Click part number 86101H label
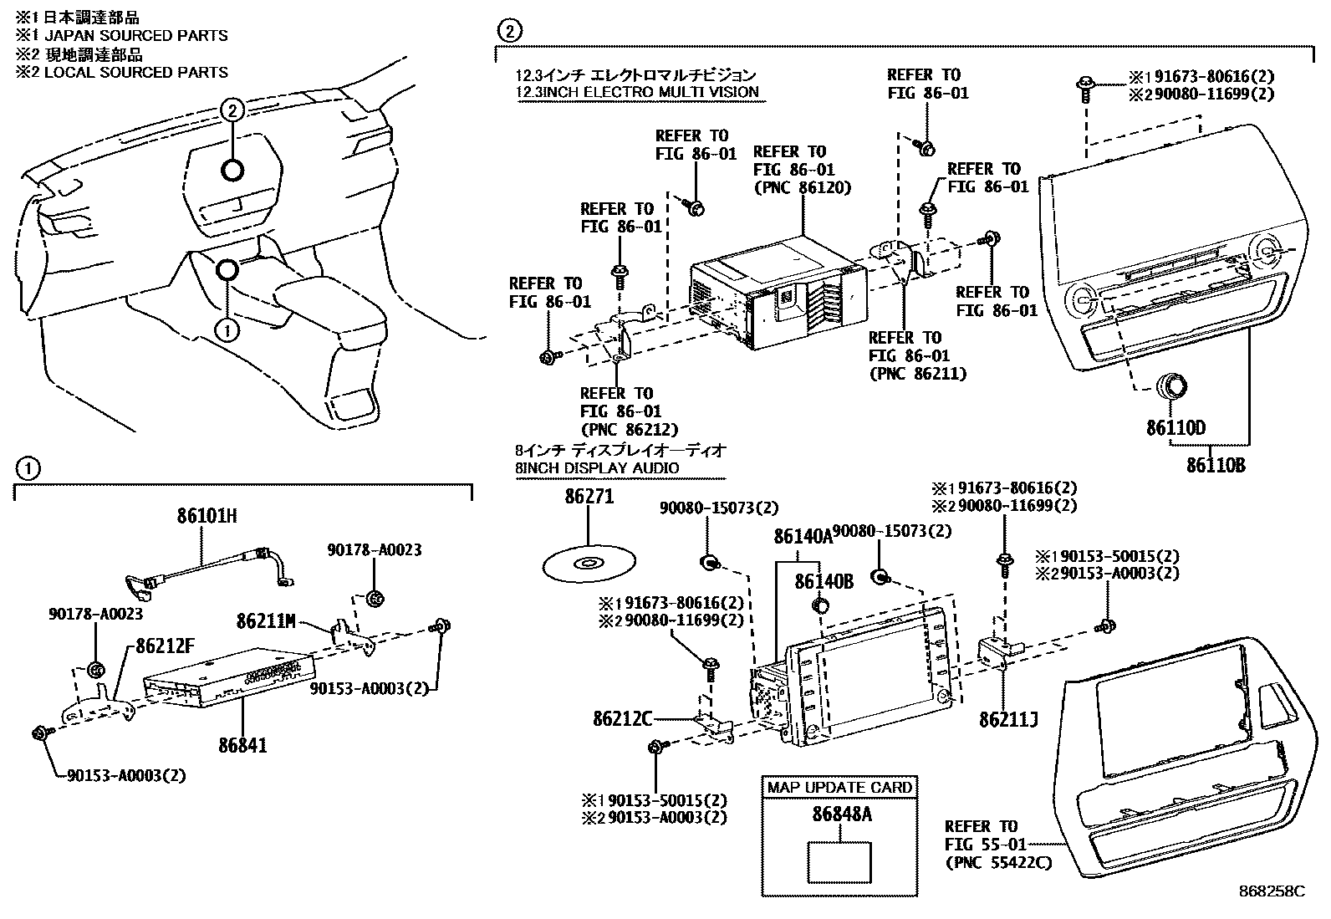tap(207, 516)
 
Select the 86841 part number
tap(242, 744)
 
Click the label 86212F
tap(161, 646)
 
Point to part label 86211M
tap(266, 621)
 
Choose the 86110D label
tap(1175, 429)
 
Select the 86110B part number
tap(1215, 465)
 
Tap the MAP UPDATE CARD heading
tap(839, 787)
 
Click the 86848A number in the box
tap(840, 814)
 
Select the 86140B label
tap(824, 581)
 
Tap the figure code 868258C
tap(1272, 891)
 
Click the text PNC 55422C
tap(997, 862)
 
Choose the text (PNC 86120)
tap(802, 187)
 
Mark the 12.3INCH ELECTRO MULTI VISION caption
tap(637, 92)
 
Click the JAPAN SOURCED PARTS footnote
tap(121, 36)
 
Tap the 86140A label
tap(803, 536)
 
